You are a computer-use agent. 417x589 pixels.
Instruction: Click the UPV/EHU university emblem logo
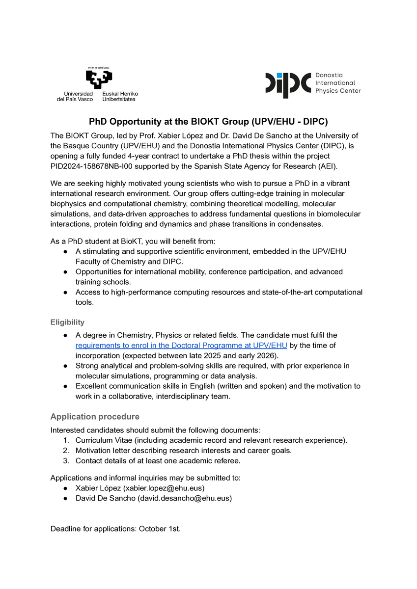click(99, 78)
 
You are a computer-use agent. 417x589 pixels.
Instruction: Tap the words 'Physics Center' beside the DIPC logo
click(338, 91)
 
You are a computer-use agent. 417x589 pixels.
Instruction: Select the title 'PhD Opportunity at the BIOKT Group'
click(208, 121)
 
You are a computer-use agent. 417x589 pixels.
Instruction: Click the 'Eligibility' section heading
click(67, 322)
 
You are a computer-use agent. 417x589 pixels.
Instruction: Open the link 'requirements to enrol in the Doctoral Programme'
click(181, 346)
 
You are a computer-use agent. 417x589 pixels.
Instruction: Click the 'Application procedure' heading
click(95, 417)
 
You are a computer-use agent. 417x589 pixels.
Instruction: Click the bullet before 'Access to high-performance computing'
click(65, 293)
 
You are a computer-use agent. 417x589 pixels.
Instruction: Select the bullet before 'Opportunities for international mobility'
click(65, 272)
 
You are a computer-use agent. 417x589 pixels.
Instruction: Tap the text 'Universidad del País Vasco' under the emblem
click(75, 96)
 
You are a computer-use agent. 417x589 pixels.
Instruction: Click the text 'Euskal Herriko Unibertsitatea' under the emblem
click(120, 96)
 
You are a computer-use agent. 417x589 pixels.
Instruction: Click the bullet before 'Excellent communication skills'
click(65, 386)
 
